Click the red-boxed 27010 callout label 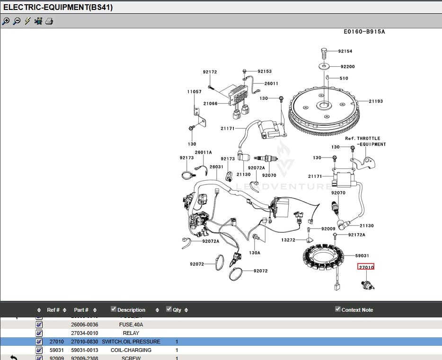[366, 267]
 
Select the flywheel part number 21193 [376, 101]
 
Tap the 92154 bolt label [345, 51]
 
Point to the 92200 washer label [347, 67]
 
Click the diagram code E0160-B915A [364, 32]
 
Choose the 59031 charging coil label [362, 255]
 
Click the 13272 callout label [288, 240]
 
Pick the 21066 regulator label [210, 104]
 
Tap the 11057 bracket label [194, 92]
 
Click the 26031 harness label [216, 167]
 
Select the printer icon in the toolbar [49, 21]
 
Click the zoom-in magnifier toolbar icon [6, 21]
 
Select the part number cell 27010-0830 [85, 342]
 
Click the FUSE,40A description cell [131, 325]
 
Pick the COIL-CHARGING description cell [131, 350]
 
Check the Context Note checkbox [337, 309]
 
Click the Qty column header [177, 310]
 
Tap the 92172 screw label [210, 72]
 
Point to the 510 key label [344, 79]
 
